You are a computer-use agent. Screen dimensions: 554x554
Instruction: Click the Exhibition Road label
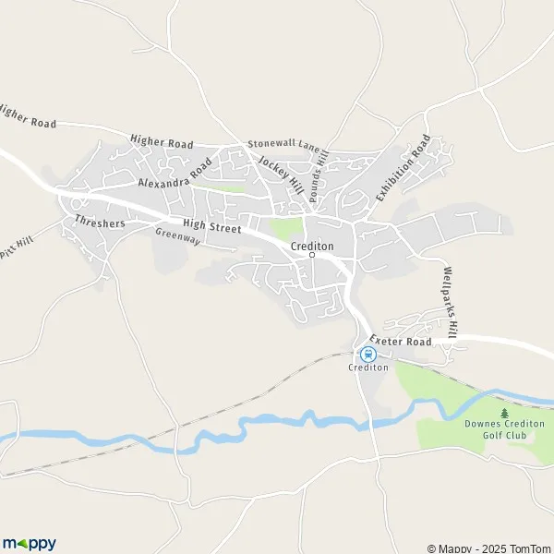click(403, 169)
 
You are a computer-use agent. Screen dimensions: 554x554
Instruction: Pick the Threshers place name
click(101, 222)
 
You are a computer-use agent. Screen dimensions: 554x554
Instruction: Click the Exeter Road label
click(401, 342)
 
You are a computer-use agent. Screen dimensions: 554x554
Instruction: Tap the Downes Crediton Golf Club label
click(504, 429)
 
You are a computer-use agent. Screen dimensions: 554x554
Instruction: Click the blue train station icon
click(367, 353)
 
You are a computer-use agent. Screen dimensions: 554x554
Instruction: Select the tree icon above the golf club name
click(504, 413)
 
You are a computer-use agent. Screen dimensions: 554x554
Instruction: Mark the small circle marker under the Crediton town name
click(312, 256)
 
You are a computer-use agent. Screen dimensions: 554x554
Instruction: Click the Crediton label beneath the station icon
click(367, 367)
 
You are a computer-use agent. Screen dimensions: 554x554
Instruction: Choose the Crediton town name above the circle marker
click(312, 246)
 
